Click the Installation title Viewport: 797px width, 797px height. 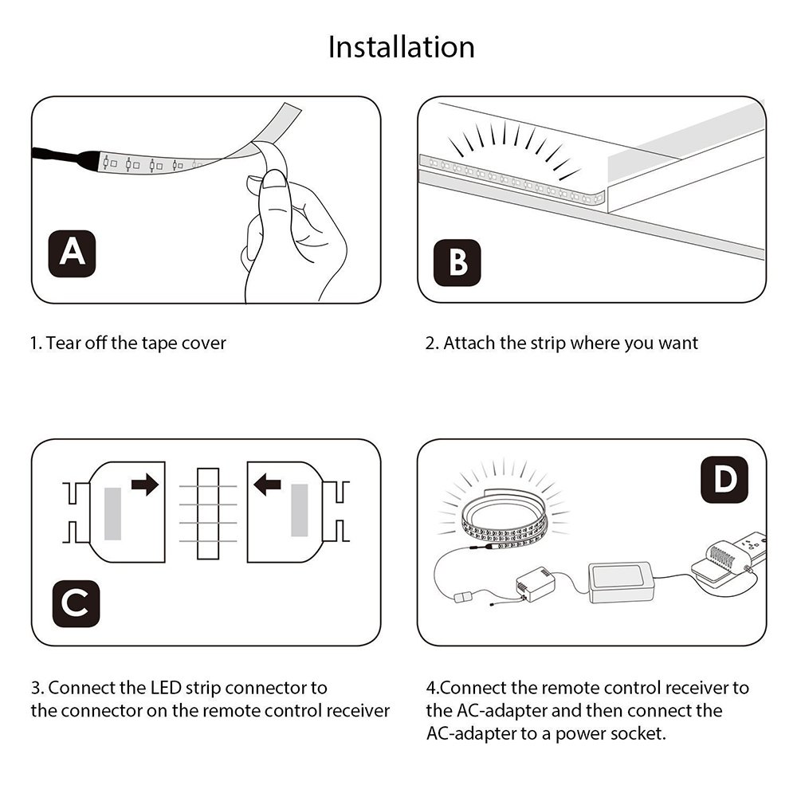[402, 47]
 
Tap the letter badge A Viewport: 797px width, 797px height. [73, 253]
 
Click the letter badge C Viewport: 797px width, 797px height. [76, 603]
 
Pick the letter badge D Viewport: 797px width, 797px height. [724, 479]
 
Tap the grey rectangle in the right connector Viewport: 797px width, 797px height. [300, 510]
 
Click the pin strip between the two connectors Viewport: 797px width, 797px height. [208, 513]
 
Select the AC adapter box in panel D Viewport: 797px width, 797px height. [621, 583]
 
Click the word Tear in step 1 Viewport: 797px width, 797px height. [63, 344]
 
